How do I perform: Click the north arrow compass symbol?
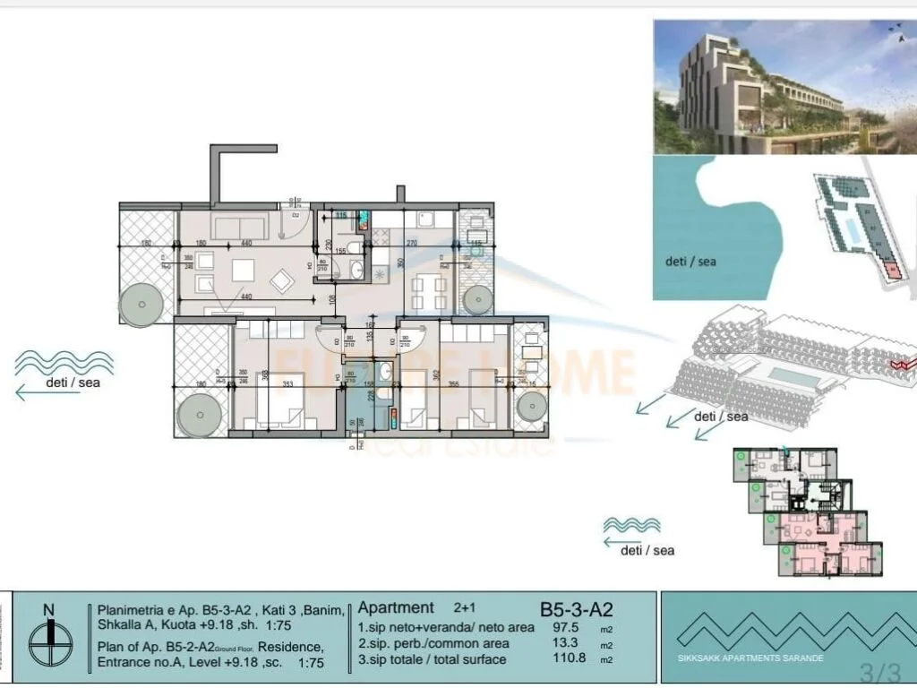tap(48, 638)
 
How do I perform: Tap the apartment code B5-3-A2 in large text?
tap(576, 610)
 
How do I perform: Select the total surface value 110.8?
tap(569, 660)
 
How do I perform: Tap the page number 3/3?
tap(878, 670)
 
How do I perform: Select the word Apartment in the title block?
tap(396, 607)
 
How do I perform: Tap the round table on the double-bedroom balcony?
tap(196, 414)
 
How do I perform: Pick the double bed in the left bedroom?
tap(279, 400)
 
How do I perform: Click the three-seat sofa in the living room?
tap(238, 227)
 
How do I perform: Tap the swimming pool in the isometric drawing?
tap(792, 378)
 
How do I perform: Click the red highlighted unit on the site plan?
tap(890, 269)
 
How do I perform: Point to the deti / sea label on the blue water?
tap(690, 262)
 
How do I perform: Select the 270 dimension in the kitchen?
tap(412, 243)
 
